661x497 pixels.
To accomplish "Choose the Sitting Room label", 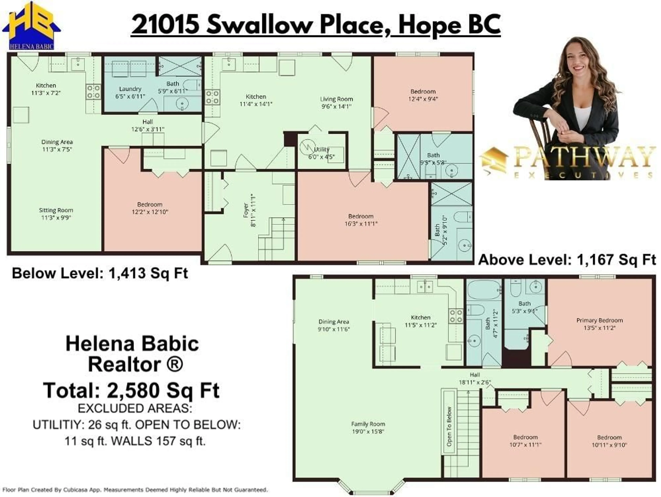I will pyautogui.click(x=56, y=214).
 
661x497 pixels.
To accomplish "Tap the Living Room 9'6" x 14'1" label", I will pyautogui.click(x=337, y=102).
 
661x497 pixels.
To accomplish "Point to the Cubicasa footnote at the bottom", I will pyautogui.click(x=135, y=490).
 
